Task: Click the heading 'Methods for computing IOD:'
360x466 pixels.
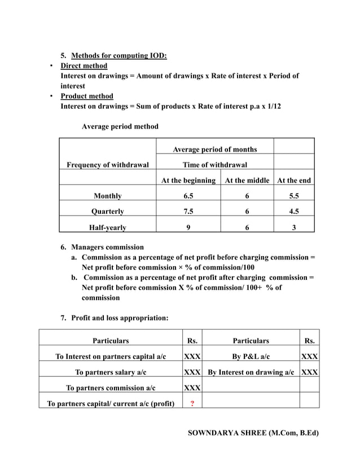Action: point(118,55)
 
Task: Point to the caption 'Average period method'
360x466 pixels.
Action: point(120,126)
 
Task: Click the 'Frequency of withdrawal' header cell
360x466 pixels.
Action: point(108,165)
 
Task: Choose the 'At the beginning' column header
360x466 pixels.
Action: point(188,181)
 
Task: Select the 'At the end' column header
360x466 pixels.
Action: point(293,181)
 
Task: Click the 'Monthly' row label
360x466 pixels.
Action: point(108,196)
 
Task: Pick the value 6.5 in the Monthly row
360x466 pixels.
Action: point(188,196)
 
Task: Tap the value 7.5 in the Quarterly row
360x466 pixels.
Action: point(188,212)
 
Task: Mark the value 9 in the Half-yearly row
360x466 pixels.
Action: point(188,228)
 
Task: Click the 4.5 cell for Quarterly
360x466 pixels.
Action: point(293,212)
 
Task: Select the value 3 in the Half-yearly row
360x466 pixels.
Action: point(293,228)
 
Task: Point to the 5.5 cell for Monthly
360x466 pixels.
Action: point(293,196)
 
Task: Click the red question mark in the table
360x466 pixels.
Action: point(192,403)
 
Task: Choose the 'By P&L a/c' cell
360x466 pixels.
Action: point(251,357)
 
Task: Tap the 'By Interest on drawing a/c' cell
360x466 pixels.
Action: point(251,372)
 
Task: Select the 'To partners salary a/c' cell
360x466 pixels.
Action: point(111,372)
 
